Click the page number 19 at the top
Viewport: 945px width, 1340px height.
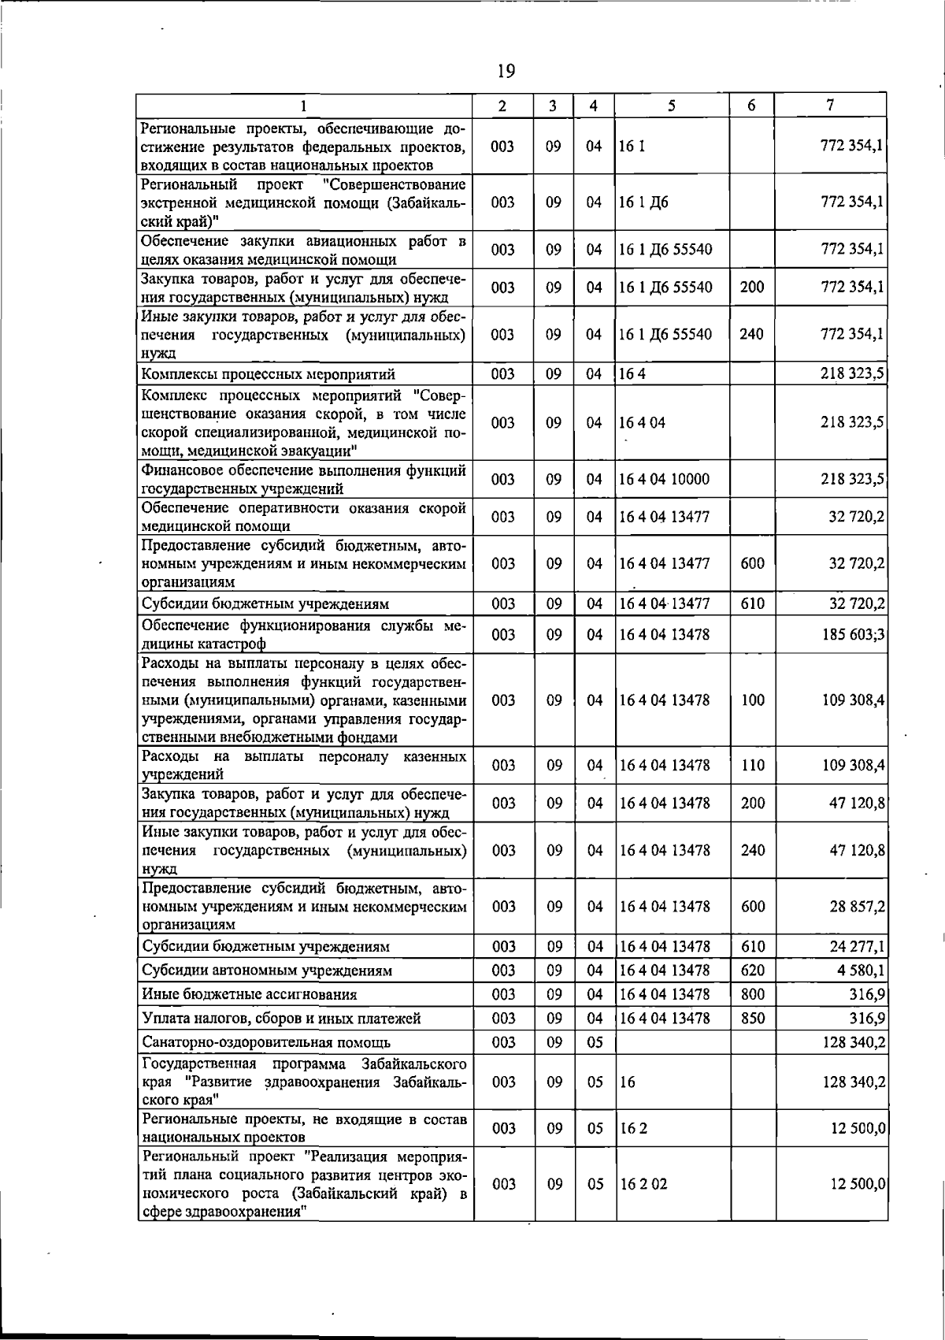(x=506, y=72)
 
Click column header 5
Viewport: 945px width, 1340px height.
(x=672, y=106)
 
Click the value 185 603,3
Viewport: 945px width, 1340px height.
(x=854, y=634)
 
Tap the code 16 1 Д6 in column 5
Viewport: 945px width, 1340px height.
(x=643, y=202)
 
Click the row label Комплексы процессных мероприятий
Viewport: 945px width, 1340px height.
(x=268, y=374)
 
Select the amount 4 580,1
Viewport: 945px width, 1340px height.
(x=861, y=971)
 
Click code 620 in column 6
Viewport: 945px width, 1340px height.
(x=752, y=971)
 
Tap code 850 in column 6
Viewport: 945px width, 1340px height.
(x=752, y=1019)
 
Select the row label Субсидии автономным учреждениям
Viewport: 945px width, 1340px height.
(x=267, y=971)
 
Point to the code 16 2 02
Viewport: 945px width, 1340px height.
(x=643, y=1184)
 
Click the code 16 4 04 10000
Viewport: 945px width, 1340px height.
(x=664, y=480)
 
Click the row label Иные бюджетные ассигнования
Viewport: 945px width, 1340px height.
(x=249, y=995)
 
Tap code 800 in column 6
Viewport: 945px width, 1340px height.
(x=752, y=995)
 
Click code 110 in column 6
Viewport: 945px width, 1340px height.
(x=752, y=765)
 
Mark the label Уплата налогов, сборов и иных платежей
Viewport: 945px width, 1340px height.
(x=281, y=1019)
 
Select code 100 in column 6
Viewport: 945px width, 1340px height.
(x=752, y=700)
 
